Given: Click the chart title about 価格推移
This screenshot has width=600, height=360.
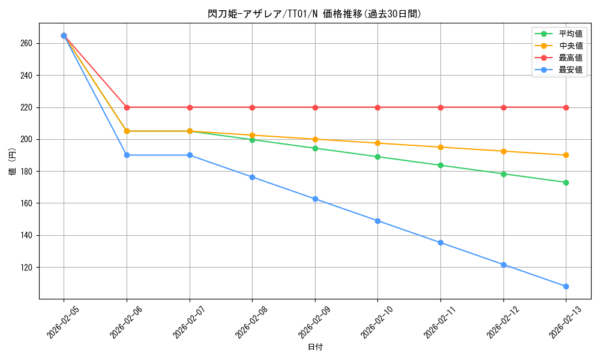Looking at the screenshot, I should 314,14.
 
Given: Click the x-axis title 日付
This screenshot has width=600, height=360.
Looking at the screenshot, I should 314,347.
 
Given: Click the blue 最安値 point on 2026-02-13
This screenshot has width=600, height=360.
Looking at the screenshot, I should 566,286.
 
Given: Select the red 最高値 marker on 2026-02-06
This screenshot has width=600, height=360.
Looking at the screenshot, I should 127,107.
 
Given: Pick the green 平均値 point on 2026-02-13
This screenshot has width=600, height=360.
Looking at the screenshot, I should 566,182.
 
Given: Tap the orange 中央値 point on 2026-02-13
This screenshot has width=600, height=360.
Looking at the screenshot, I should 566,155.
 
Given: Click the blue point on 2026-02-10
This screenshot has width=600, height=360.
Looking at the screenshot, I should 377,221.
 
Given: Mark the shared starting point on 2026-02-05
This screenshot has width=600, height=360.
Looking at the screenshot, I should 64,35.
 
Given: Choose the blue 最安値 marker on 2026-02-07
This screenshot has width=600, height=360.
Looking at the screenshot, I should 190,155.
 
